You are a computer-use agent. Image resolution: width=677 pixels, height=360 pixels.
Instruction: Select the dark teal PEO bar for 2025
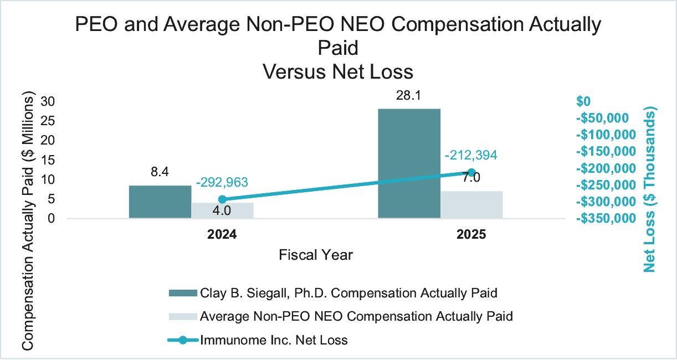pyautogui.click(x=409, y=163)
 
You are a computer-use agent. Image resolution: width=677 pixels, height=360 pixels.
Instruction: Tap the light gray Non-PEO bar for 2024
pyautogui.click(x=222, y=211)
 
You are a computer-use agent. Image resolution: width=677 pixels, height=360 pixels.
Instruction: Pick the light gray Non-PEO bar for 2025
pyautogui.click(x=471, y=205)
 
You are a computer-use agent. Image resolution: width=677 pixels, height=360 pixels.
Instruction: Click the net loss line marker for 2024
pyautogui.click(x=222, y=199)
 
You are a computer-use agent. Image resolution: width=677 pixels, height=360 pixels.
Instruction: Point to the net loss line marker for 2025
pyautogui.click(x=471, y=172)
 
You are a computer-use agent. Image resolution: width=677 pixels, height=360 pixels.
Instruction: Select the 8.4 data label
pyautogui.click(x=160, y=172)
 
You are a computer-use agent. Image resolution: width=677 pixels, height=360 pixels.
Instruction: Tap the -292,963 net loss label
pyautogui.click(x=222, y=182)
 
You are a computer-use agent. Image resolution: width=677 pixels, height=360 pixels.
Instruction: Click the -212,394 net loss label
pyautogui.click(x=471, y=155)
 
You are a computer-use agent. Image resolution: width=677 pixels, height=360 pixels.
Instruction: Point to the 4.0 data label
pyautogui.click(x=222, y=210)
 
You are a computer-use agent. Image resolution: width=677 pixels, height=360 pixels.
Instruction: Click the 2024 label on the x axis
pyautogui.click(x=222, y=235)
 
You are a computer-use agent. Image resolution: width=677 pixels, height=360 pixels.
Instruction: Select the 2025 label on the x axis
pyautogui.click(x=471, y=235)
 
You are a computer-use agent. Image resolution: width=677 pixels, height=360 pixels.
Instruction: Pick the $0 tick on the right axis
pyautogui.click(x=584, y=101)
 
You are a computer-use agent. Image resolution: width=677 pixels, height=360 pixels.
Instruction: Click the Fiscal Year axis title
pyautogui.click(x=316, y=255)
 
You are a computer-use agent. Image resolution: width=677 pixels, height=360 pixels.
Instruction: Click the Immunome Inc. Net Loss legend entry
pyautogui.click(x=274, y=340)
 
